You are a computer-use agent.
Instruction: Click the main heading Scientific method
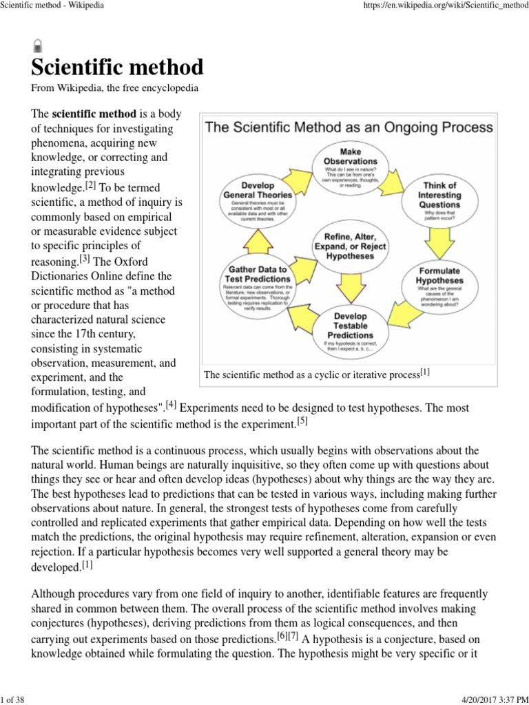tap(117, 67)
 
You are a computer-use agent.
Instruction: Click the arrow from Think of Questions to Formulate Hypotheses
tap(439, 240)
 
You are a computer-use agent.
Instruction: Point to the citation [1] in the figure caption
tap(425, 373)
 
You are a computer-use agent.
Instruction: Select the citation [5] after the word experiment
tap(301, 421)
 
